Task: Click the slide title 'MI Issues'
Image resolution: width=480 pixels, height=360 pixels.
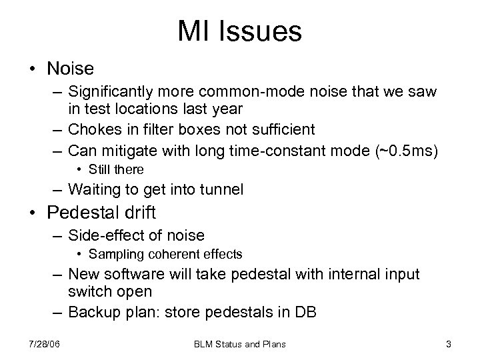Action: point(239,31)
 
